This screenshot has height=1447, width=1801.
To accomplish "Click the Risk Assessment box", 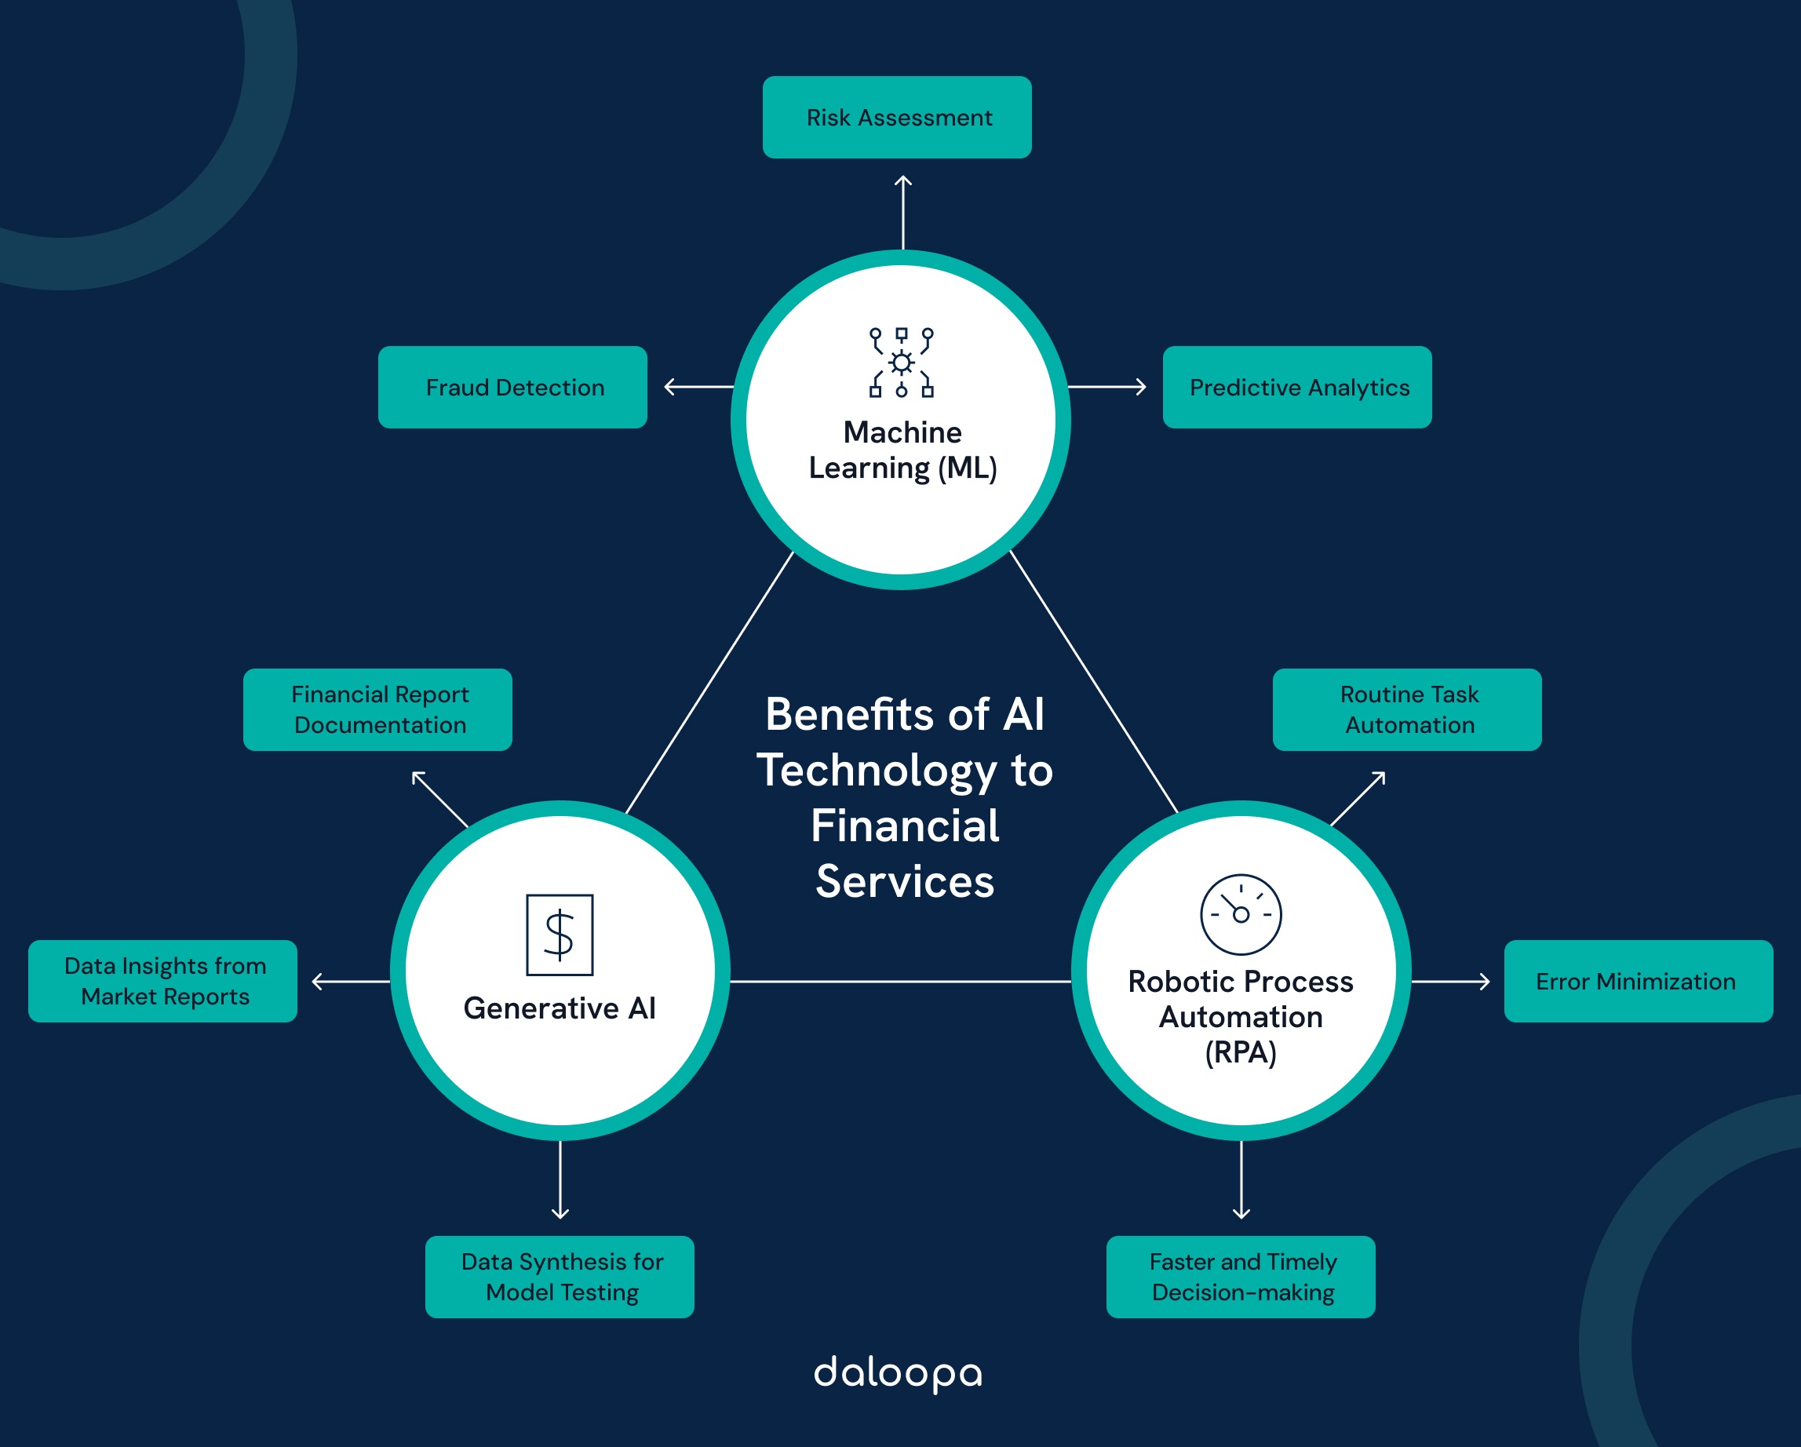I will pos(896,117).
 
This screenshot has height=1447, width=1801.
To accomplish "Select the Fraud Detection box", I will pos(512,387).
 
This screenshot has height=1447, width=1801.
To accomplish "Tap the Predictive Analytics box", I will pos(1296,387).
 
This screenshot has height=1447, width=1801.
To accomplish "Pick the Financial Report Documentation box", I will pos(377,709).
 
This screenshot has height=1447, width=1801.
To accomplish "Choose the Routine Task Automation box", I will pos(1407,709).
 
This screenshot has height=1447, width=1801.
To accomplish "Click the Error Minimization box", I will pos(1637,981).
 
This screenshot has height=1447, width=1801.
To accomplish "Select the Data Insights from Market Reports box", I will pos(163,981).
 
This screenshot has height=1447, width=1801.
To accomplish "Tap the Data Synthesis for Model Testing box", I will pos(560,1277).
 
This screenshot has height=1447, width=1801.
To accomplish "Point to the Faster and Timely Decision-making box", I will pos(1241,1277).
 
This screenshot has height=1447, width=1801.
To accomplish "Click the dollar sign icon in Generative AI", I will pos(560,935).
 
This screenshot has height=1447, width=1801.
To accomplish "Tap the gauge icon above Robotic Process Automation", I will pos(1241,914).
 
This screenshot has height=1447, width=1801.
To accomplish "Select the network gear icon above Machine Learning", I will pos(902,363).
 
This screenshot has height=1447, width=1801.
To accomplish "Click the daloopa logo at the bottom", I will pos(898,1373).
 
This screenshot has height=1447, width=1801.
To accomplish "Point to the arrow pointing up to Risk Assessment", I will pos(903,210).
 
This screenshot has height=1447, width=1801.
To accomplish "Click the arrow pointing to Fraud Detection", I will pos(698,387).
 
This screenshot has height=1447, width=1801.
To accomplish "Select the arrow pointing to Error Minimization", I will pos(1450,981).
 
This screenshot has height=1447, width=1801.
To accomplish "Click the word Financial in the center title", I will pos(905,826).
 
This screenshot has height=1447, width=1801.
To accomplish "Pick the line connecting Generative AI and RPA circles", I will pos(901,981).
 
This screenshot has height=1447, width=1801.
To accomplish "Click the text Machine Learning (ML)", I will pos(902,450).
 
